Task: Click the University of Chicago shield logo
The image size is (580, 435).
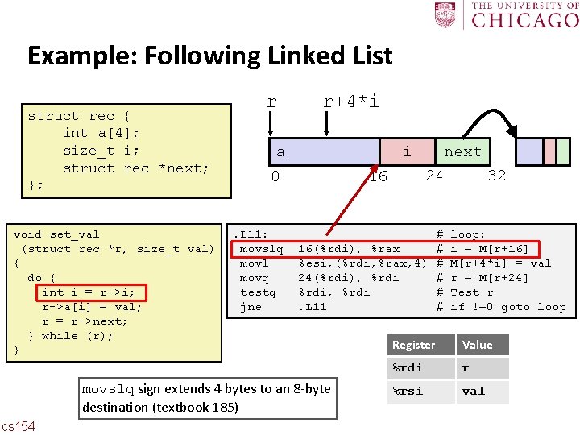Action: click(445, 14)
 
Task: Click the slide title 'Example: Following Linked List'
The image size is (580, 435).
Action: click(209, 56)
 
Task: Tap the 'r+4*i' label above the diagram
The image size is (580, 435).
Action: click(350, 101)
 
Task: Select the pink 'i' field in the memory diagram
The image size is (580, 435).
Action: click(407, 151)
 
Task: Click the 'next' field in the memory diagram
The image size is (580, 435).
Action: click(463, 151)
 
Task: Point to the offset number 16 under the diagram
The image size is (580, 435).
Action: click(377, 176)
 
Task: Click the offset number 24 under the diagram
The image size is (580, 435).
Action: click(434, 176)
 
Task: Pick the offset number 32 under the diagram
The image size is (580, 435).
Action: click(497, 176)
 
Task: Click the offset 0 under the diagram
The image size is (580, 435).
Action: click(275, 176)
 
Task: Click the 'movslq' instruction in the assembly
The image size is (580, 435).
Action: click(261, 249)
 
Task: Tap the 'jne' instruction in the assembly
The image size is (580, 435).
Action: click(251, 307)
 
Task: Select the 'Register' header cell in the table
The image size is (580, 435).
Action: click(413, 345)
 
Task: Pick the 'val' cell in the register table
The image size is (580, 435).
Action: click(474, 391)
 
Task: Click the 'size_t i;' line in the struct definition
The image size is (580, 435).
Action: click(101, 151)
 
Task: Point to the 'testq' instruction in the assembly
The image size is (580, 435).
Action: click(258, 292)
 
